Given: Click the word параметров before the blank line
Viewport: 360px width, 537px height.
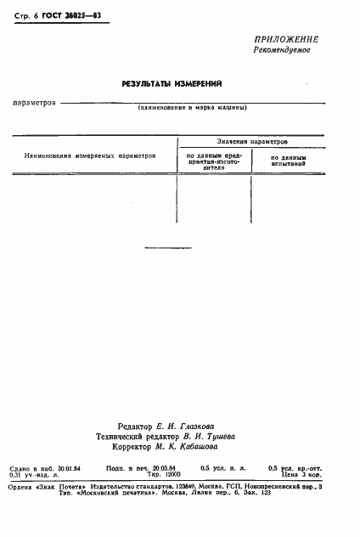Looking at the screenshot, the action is [35, 103].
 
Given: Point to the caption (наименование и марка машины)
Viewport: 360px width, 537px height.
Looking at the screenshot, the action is [193, 109].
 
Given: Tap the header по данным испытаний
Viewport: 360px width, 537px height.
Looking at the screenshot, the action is [288, 161].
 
